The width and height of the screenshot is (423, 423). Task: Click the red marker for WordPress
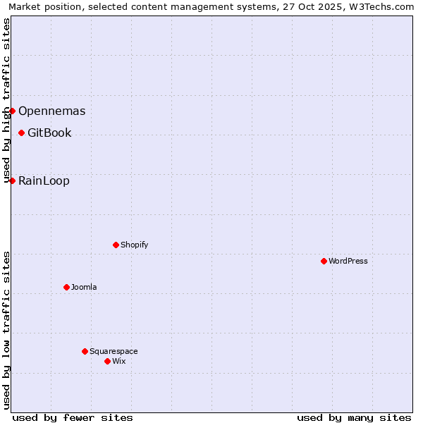[324, 261]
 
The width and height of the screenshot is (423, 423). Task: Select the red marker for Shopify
[116, 245]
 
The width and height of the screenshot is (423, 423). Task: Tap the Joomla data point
[66, 287]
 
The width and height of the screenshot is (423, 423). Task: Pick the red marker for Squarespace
[85, 351]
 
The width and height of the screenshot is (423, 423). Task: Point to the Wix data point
[107, 361]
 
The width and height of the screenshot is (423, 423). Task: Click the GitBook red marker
[21, 133]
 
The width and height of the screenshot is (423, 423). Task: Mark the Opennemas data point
[12, 111]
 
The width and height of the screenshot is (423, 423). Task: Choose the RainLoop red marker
[12, 180]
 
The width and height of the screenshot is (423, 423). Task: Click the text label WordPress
[348, 261]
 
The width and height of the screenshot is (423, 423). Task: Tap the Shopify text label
[134, 245]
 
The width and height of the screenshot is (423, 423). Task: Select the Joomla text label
[84, 287]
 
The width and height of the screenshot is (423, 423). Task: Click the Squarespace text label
[114, 351]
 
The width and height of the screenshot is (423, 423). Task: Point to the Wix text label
[118, 361]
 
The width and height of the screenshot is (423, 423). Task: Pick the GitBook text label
[49, 133]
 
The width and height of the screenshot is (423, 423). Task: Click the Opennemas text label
[51, 111]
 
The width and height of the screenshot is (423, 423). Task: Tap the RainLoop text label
[44, 180]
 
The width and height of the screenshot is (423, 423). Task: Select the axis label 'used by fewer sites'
[73, 417]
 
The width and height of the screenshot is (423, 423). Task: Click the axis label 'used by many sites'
[354, 417]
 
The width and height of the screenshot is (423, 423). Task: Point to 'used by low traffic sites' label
[6, 330]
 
